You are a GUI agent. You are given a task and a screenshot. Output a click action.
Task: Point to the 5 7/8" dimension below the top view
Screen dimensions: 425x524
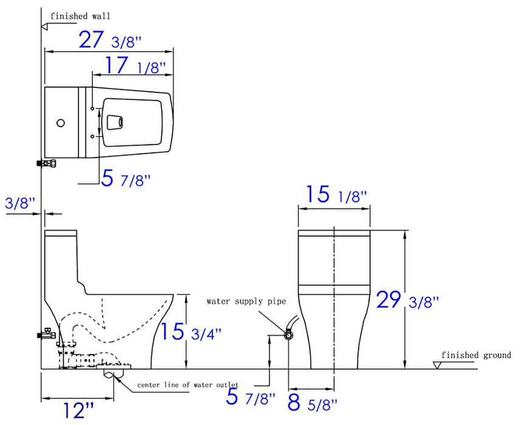tap(126, 179)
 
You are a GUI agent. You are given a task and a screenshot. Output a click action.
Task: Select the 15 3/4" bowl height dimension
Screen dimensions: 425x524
tap(191, 331)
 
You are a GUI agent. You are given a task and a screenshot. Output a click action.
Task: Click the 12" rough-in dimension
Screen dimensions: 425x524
tap(77, 410)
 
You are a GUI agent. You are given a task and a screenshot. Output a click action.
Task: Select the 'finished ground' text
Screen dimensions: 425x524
tap(476, 355)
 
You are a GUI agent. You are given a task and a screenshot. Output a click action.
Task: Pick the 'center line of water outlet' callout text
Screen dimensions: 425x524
tap(187, 385)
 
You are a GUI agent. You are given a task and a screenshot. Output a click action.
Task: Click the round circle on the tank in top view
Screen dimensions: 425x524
tap(60, 123)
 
